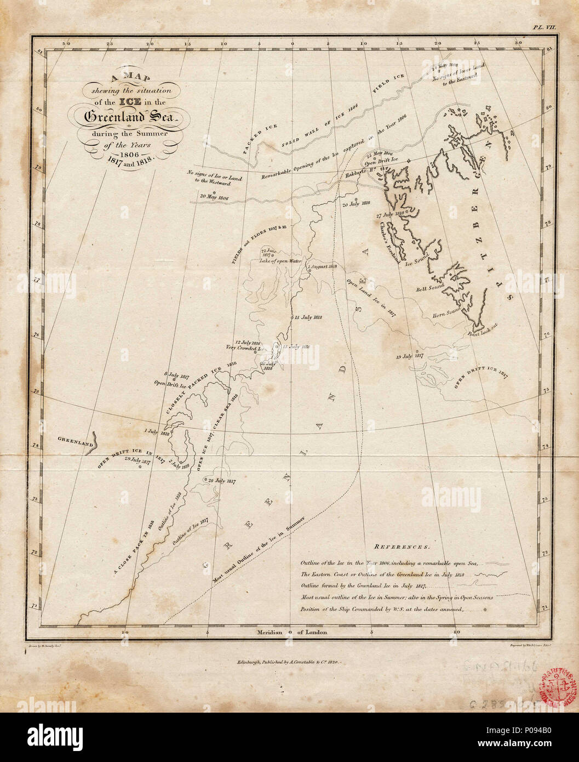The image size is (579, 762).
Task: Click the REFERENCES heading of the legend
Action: (x=402, y=547)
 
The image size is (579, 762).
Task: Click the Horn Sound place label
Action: (x=445, y=314)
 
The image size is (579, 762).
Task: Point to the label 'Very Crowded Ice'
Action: (x=245, y=347)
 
